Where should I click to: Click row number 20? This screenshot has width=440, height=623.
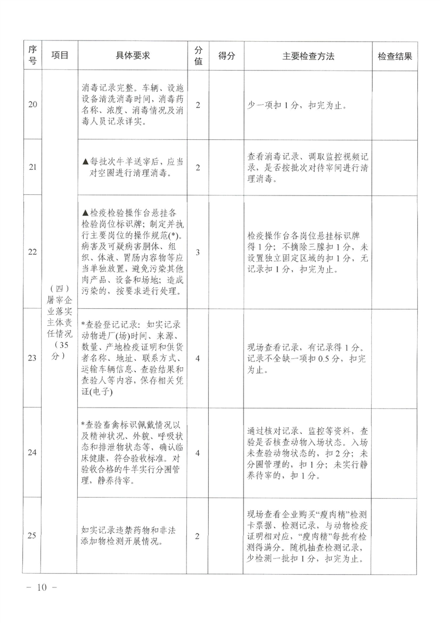[x=32, y=105]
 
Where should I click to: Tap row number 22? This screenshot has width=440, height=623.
[x=32, y=252]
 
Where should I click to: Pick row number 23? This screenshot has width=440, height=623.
[x=32, y=358]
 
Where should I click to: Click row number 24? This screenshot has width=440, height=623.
[x=32, y=453]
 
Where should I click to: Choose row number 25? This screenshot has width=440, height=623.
[x=32, y=535]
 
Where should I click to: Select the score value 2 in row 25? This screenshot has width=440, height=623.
[x=198, y=535]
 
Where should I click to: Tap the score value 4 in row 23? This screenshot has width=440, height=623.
[x=198, y=358]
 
